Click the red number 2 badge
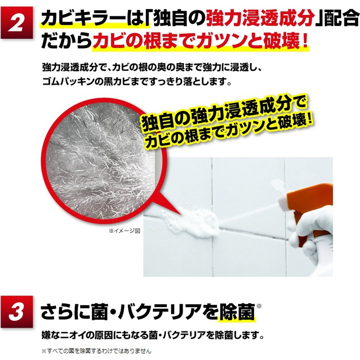coord(17,22)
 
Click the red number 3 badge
coord(17,311)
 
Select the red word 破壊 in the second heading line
coord(281,41)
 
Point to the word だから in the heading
coord(66,41)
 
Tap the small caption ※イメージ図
coord(125,231)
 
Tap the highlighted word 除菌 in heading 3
coord(237,312)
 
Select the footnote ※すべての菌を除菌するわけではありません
coord(96,351)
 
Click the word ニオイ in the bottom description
coord(71,336)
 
